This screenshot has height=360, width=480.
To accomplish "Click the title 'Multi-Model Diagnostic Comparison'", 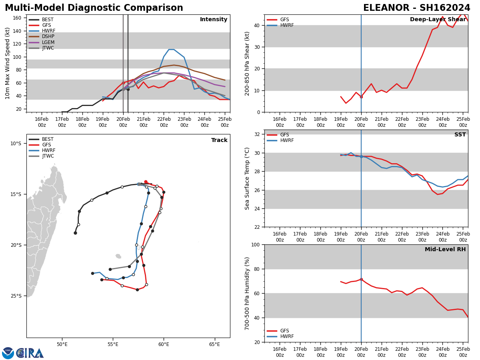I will [x=94, y=8].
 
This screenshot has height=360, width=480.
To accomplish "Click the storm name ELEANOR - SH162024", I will [x=416, y=8].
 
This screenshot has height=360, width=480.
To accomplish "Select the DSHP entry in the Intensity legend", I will [x=48, y=36].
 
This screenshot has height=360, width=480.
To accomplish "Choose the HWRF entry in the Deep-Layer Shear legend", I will [x=287, y=25].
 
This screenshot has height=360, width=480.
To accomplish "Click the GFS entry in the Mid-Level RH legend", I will [x=284, y=331].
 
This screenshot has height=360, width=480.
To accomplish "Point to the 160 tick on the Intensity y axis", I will [x=17, y=18].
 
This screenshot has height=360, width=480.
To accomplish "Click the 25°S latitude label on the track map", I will [x=16, y=296].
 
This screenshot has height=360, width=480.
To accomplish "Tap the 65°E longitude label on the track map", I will [x=214, y=344].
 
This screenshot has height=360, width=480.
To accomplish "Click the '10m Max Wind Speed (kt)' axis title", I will [x=8, y=63].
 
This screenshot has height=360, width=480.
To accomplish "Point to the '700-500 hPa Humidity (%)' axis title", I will [x=248, y=293].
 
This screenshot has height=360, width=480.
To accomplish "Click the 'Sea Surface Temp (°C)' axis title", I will [x=248, y=178].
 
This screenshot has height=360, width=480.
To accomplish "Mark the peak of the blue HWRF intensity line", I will [x=171, y=49].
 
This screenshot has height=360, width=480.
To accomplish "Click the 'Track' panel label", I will [x=219, y=140].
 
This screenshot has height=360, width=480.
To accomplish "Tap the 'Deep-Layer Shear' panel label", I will [x=438, y=20].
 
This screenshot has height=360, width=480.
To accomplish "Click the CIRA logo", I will [x=30, y=353].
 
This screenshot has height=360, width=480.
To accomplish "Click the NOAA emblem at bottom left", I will [x=8, y=353].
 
